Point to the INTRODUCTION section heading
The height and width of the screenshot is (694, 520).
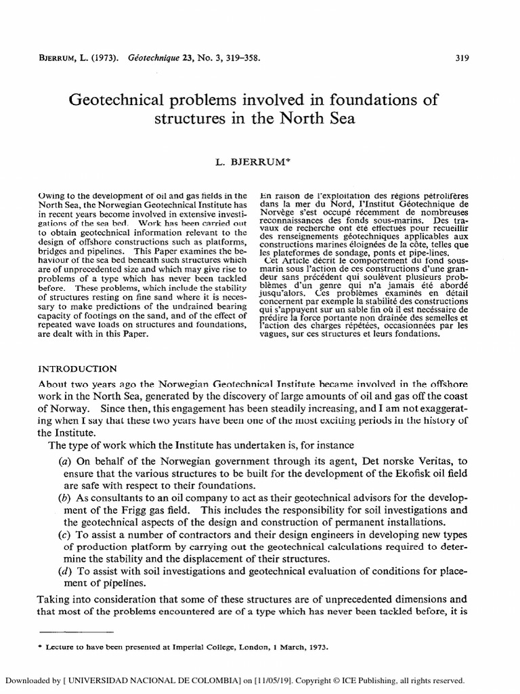pyautogui.click(x=77, y=369)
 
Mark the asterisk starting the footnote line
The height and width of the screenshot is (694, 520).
pyautogui.click(x=41, y=647)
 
